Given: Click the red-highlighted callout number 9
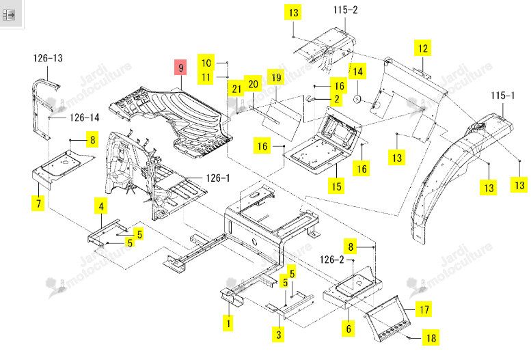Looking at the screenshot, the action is pos(180,67).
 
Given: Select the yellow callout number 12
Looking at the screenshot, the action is pos(422,48).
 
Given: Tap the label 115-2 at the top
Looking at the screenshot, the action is pos(345,10).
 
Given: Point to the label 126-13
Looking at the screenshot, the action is pos(48,58).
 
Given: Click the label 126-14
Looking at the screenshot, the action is pos(84,117).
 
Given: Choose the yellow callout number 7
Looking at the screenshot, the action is pos(38,203).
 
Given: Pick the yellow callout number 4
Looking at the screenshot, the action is pos(101,206).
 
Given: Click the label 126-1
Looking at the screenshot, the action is pos(218,178).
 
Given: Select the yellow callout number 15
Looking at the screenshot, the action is pos(336,186).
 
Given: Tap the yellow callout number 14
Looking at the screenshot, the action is pos(357,72).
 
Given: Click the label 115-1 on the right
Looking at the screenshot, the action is pos(502,96).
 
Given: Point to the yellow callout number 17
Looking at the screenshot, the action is pos(424,309).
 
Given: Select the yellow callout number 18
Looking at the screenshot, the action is pos(431,337).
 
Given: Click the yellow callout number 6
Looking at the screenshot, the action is pos(349,329).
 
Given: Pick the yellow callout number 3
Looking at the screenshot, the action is pos(278,335).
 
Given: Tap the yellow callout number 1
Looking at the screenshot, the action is pos(228,322).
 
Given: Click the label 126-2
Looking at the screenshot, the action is pos(332,260).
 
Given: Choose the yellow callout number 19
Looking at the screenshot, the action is pos(276,77).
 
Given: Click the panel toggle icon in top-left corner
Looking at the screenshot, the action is pos(8,15).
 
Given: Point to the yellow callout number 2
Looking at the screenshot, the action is pos(336,99).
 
